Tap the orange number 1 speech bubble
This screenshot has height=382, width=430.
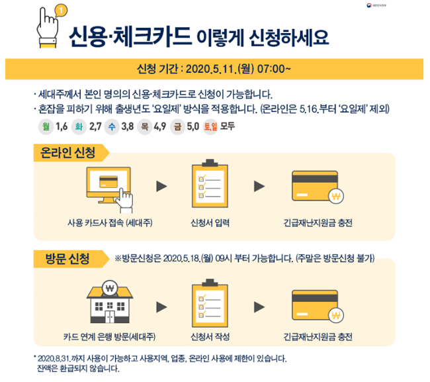pos(61,11)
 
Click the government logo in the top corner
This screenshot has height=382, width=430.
pos(376,5)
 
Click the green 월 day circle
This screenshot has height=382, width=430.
pos(46,127)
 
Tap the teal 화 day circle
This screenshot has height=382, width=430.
pos(79,127)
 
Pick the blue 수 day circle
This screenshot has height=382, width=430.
pos(112,127)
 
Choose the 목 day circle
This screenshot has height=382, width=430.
pos(144,127)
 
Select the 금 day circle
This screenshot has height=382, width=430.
pos(177,127)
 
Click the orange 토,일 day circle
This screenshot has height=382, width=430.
pos(210,127)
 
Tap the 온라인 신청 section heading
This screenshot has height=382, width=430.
pos(67,152)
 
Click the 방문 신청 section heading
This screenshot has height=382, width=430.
pos(67,258)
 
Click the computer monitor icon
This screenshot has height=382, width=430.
pos(109,185)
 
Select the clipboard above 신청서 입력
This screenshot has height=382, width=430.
pos(210,183)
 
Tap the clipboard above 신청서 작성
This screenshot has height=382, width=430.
pos(210,303)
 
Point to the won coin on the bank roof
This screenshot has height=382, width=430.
pos(110,289)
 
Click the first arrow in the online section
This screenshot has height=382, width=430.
pos(161,186)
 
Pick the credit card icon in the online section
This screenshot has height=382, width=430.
pos(318,187)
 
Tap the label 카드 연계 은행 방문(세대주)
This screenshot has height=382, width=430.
pos(109,337)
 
